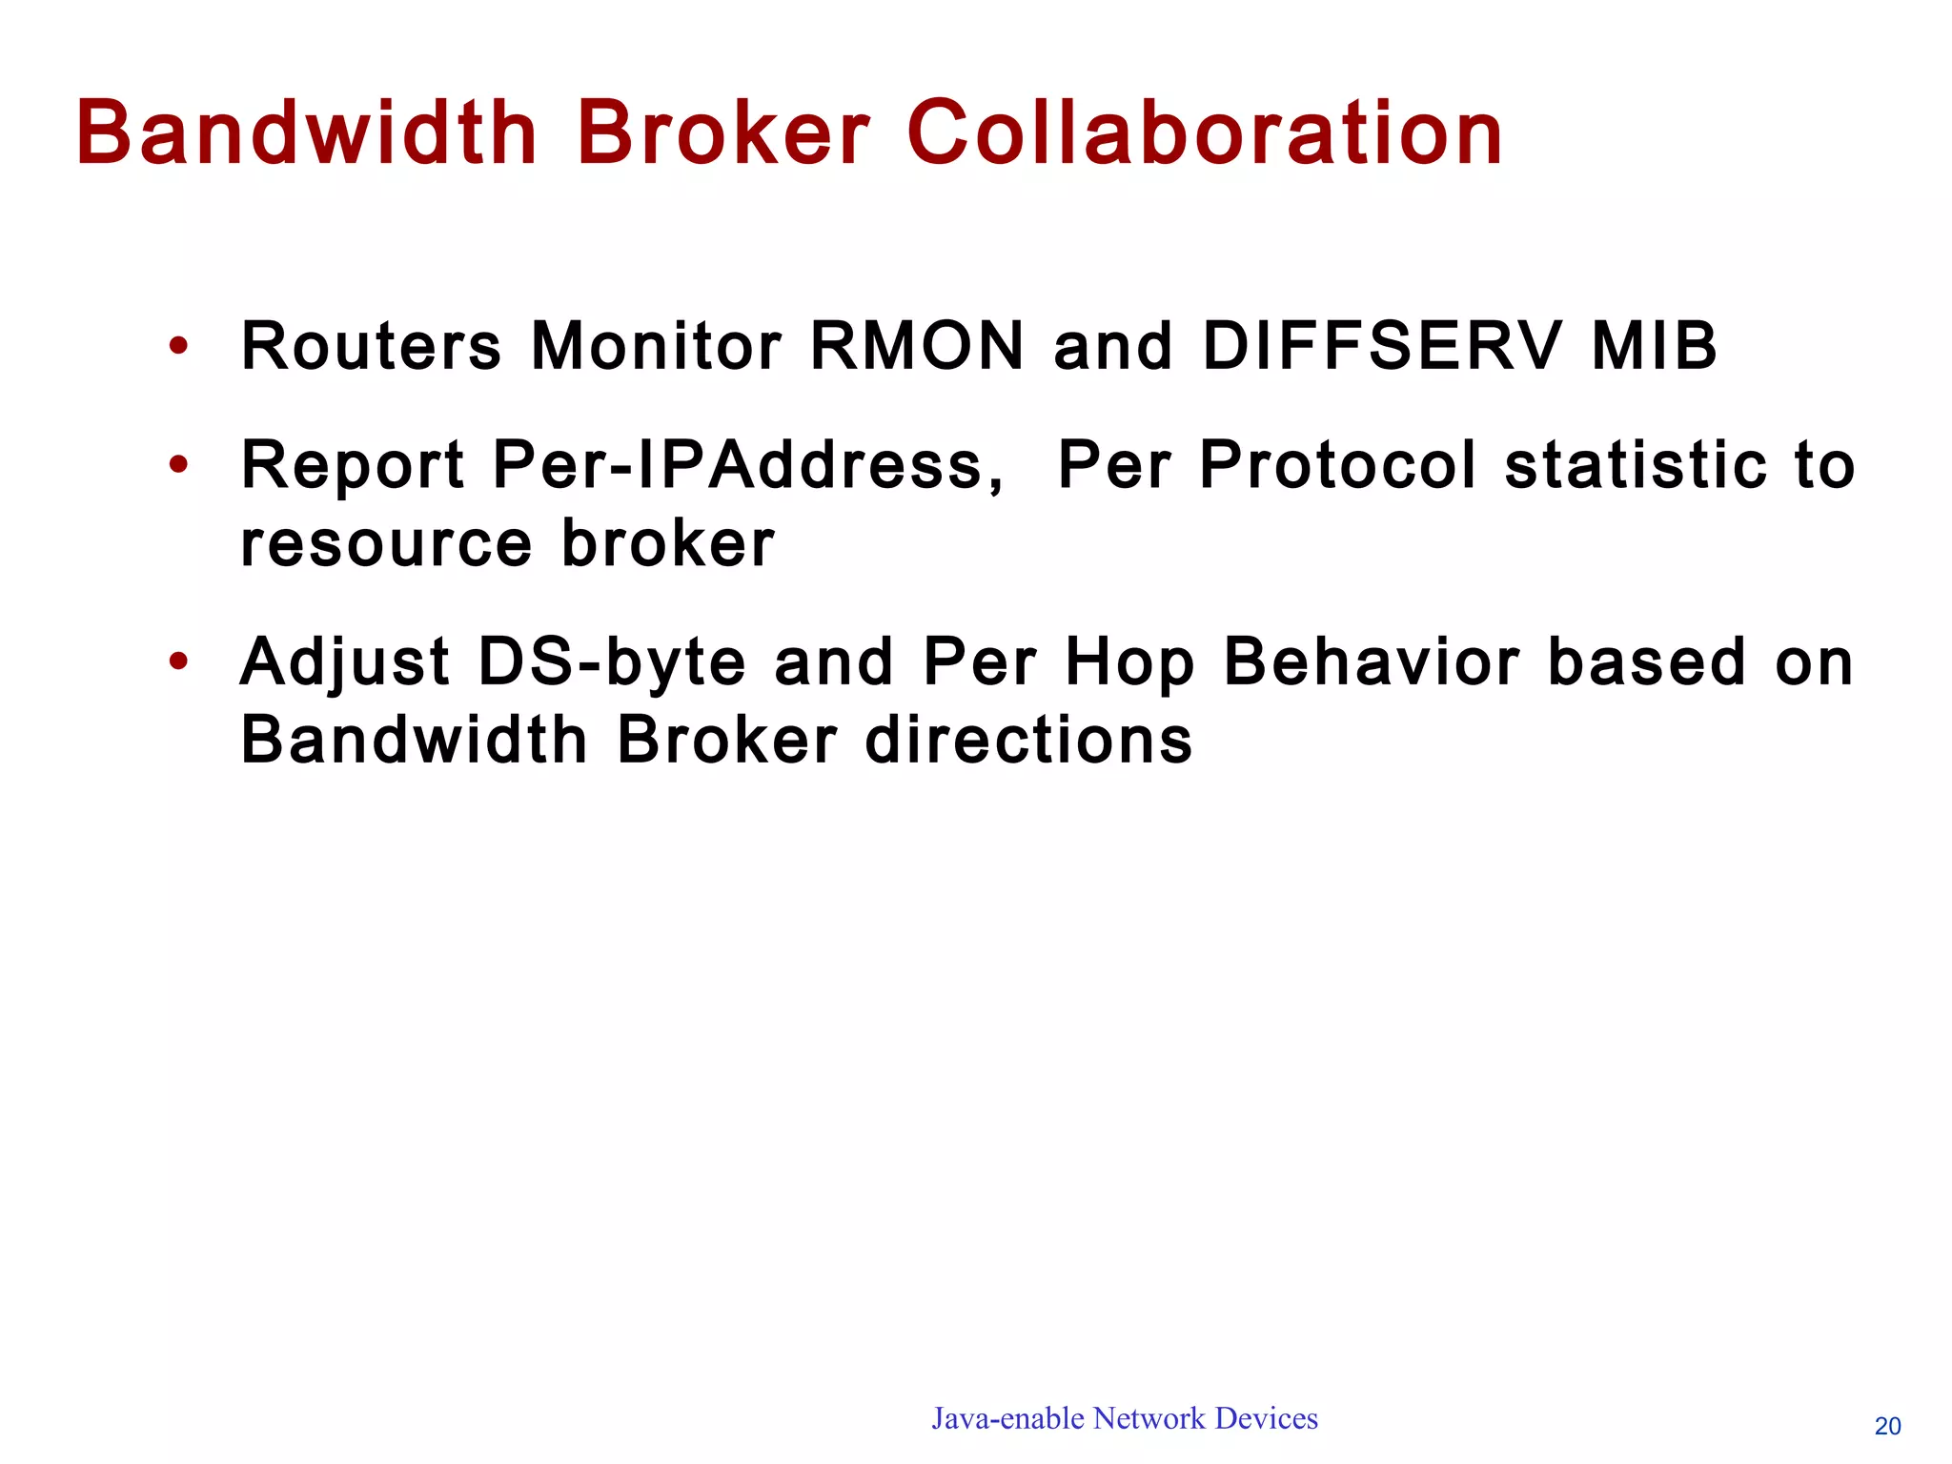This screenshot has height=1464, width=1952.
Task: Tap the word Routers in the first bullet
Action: tap(371, 346)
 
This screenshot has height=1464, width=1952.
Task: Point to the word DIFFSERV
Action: tap(1383, 346)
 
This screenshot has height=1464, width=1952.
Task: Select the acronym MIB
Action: tap(1655, 346)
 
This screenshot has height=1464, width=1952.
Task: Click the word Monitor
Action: tap(657, 346)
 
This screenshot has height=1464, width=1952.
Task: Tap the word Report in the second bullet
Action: tap(353, 466)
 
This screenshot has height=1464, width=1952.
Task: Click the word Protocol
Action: tap(1338, 466)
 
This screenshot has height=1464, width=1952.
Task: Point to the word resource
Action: tap(386, 545)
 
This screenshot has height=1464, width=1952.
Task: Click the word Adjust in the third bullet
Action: tap(345, 663)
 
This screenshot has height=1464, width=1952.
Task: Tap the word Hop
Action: tap(1130, 663)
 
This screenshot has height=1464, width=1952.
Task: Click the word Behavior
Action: tap(1373, 663)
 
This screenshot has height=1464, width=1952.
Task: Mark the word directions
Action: tap(1028, 741)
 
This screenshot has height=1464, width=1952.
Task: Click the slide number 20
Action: tap(1887, 1426)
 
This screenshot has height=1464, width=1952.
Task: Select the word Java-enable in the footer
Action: tap(1007, 1419)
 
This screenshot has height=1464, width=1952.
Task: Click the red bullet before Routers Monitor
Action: tap(178, 347)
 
